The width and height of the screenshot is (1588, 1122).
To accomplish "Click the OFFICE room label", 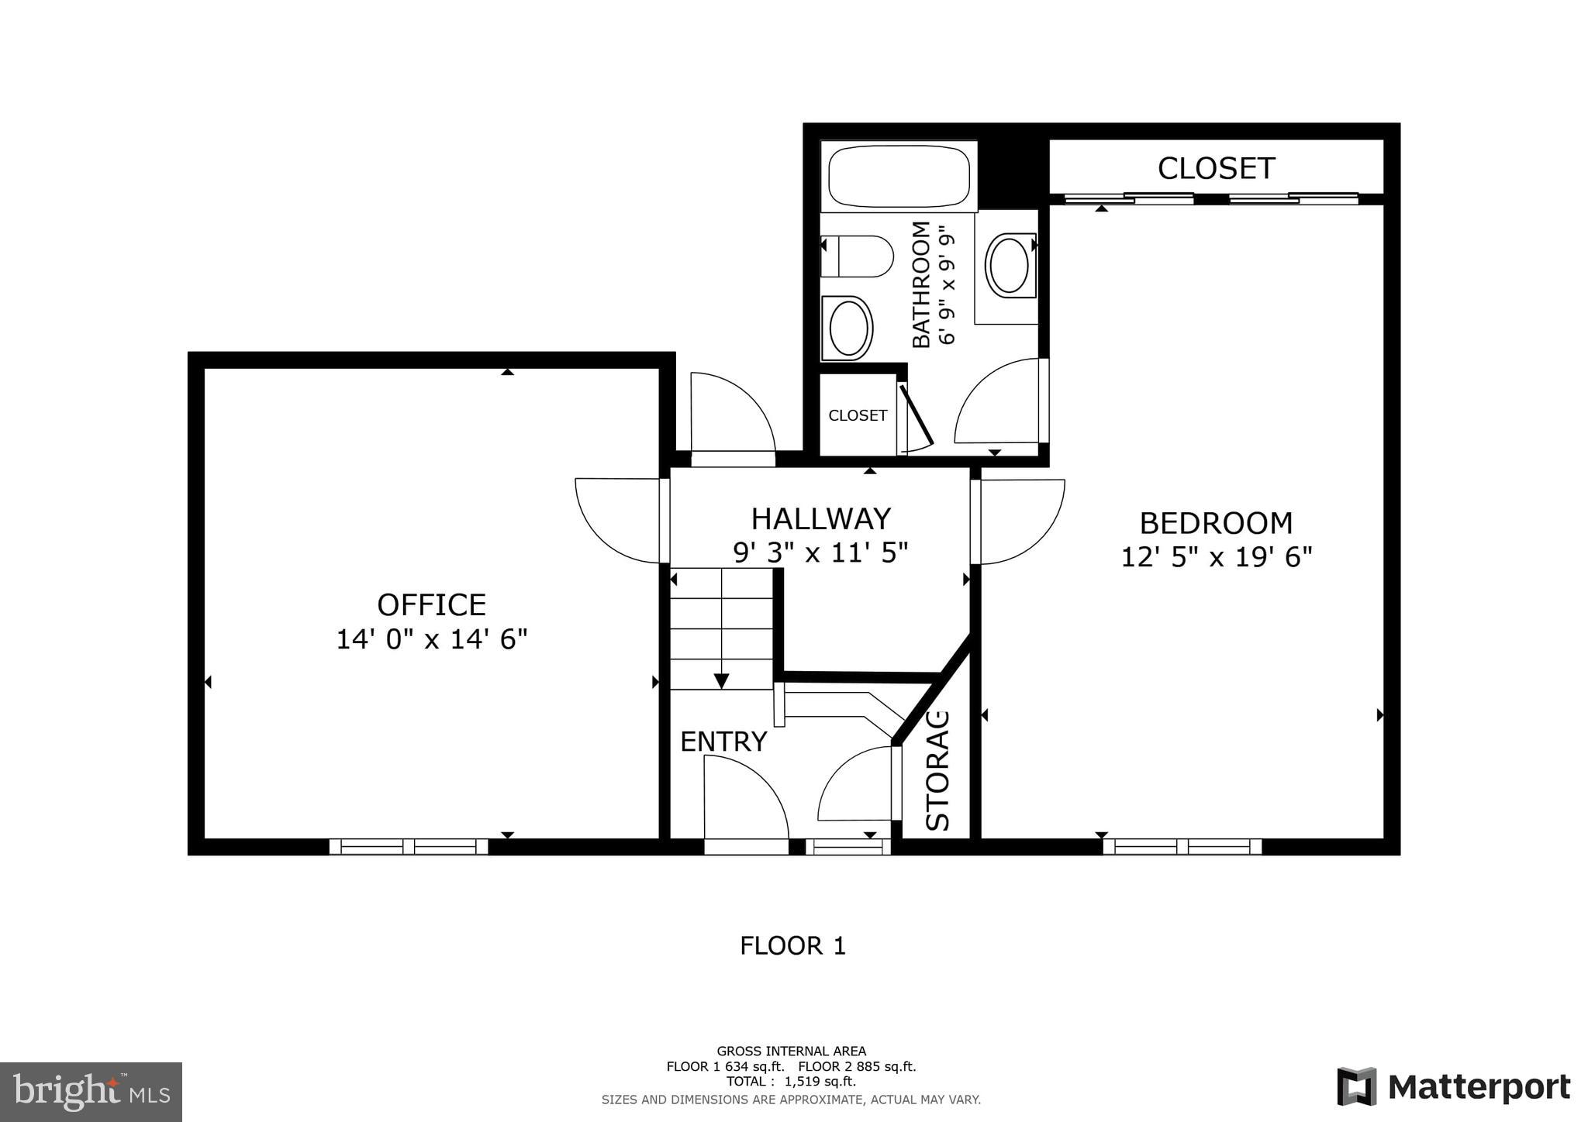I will (x=431, y=604).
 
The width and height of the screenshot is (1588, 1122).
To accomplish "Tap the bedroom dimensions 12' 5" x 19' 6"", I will (x=1216, y=557).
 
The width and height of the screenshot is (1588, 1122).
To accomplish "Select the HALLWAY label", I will (x=820, y=518).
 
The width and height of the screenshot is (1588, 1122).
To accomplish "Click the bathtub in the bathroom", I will (x=898, y=176).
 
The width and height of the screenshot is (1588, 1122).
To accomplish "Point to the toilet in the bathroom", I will (x=857, y=256).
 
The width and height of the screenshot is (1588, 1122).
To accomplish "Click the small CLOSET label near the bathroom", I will (x=858, y=416).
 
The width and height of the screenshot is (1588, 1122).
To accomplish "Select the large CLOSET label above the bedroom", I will (x=1215, y=168).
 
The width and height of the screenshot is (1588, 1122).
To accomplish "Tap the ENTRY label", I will (x=723, y=742).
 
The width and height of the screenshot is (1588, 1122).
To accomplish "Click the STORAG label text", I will (x=938, y=770).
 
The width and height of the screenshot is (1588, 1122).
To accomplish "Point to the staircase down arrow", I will (x=721, y=680).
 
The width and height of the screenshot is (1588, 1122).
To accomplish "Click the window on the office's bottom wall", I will (x=409, y=847).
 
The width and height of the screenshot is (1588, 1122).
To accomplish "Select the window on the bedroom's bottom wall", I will (x=1182, y=847).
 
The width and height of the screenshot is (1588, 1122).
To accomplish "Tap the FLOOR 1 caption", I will (x=792, y=946).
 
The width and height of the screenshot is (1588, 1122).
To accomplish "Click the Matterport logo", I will (x=1453, y=1087).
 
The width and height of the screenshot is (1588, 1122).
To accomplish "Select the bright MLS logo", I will (x=91, y=1092).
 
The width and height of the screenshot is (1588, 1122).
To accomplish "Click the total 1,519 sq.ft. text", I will (x=791, y=1082).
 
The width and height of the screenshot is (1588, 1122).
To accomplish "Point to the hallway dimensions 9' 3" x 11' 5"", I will (x=820, y=552).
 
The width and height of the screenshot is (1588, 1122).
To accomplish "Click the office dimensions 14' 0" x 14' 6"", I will (x=431, y=639).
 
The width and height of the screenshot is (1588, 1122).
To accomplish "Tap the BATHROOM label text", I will (x=920, y=284).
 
